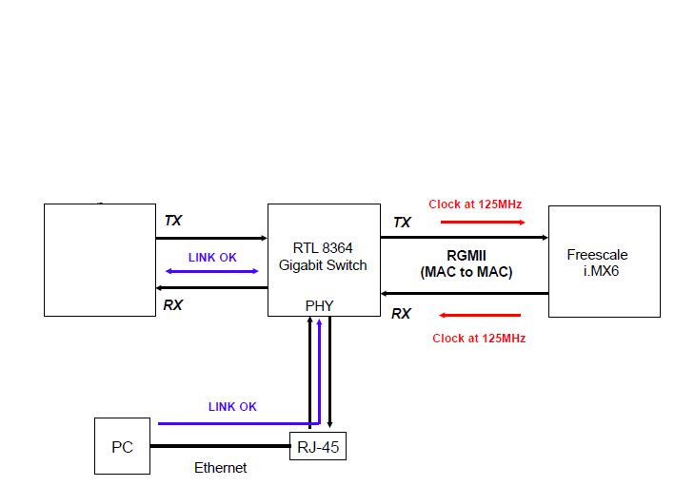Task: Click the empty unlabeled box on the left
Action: [x=100, y=260]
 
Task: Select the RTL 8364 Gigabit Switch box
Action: [x=323, y=259]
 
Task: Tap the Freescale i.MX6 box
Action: [x=604, y=261]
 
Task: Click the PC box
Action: [x=122, y=446]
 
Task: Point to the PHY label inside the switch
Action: [x=319, y=306]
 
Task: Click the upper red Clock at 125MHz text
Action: [x=475, y=204]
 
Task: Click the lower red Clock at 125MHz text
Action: [x=479, y=339]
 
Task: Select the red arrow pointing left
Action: [x=481, y=315]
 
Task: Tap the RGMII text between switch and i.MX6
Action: [x=467, y=256]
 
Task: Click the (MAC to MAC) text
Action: [x=467, y=272]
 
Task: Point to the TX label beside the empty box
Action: [x=172, y=221]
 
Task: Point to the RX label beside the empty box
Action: [x=172, y=305]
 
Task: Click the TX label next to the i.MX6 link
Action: [x=402, y=223]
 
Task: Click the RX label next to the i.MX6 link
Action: [x=402, y=314]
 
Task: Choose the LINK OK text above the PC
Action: [x=232, y=407]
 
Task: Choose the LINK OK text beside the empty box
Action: [x=212, y=258]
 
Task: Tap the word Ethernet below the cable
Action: [x=221, y=468]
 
